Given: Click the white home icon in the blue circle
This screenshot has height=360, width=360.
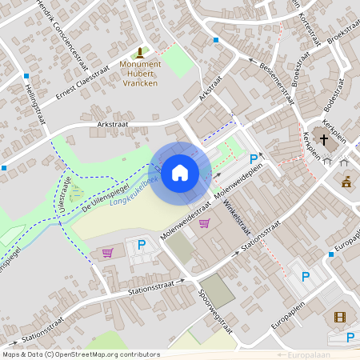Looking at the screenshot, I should tap(179, 173).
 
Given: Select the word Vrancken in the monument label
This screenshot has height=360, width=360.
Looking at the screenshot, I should tap(141, 82).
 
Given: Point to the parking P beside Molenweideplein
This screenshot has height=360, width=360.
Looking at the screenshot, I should tap(254, 159).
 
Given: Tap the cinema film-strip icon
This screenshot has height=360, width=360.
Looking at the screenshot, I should tap(341, 317).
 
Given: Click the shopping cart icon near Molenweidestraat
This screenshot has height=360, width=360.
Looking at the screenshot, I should tap(204, 223).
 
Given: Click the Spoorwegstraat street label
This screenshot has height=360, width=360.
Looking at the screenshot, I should tap(214, 311).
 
